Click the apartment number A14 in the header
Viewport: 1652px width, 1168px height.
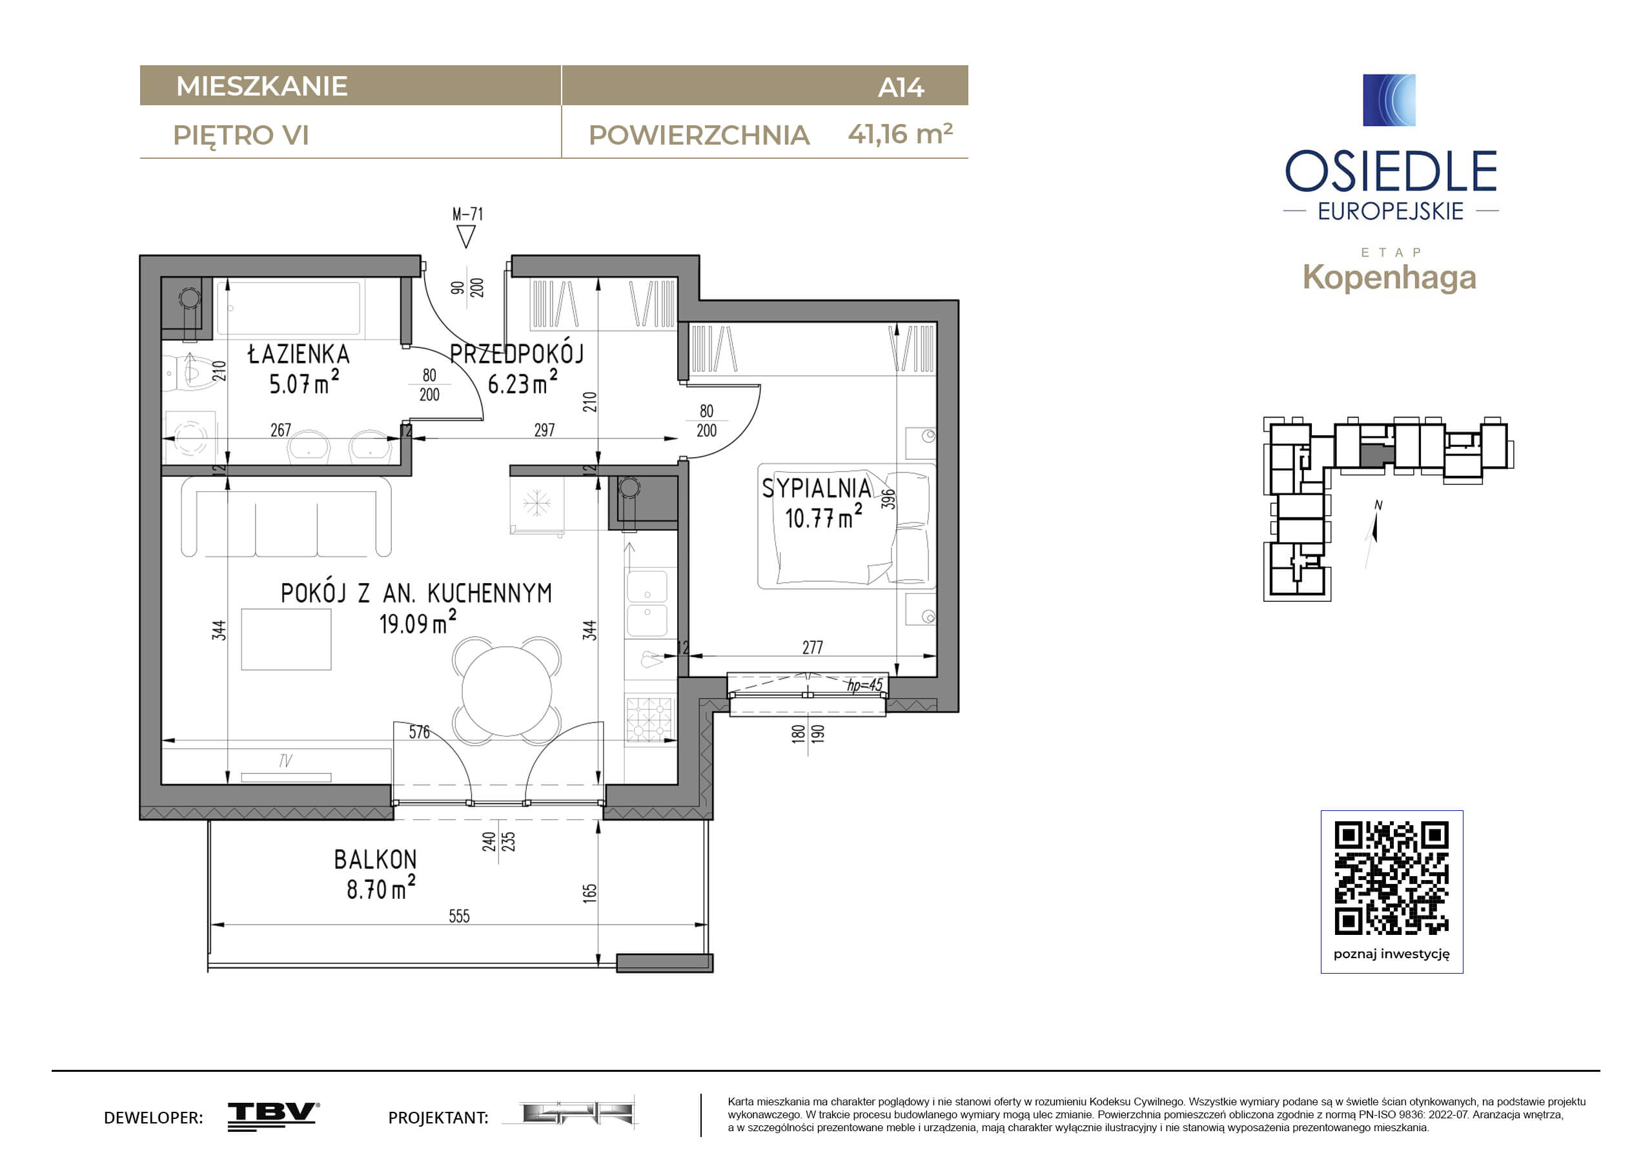900,87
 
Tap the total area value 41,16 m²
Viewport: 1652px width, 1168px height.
900,134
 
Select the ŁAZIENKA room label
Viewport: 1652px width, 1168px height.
299,354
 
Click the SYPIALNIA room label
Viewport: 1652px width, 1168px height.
817,489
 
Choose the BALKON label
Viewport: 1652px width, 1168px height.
375,859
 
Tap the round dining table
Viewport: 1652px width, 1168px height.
507,691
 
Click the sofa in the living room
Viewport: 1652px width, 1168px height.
287,516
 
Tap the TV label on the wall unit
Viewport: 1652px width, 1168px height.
285,761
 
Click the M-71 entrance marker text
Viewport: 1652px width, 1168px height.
467,214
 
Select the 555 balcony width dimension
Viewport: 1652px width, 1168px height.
459,916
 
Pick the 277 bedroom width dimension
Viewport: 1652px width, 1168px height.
812,648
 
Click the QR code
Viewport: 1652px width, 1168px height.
1392,878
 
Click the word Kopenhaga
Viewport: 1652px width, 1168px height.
1389,277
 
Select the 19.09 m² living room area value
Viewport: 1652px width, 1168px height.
417,622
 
